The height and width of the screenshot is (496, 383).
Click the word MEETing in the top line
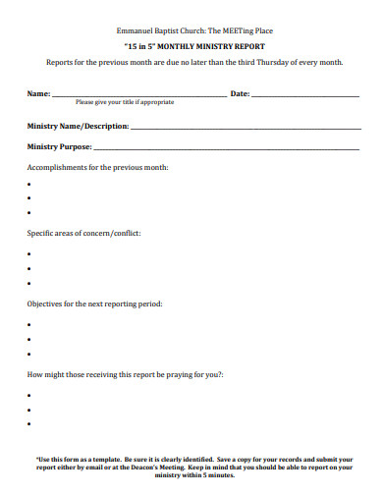point(230,30)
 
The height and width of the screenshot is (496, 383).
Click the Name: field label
point(38,94)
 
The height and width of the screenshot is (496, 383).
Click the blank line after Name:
point(137,96)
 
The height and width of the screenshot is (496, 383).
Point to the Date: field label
point(239,94)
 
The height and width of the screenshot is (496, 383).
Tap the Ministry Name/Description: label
point(78,126)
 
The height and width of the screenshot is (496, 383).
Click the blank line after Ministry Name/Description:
point(245,128)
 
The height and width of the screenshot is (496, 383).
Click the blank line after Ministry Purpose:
point(226,148)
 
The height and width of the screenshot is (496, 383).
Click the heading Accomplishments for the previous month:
point(97,168)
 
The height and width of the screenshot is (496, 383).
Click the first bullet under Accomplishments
point(29,184)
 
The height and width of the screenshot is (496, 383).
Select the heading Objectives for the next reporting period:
point(94,303)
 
